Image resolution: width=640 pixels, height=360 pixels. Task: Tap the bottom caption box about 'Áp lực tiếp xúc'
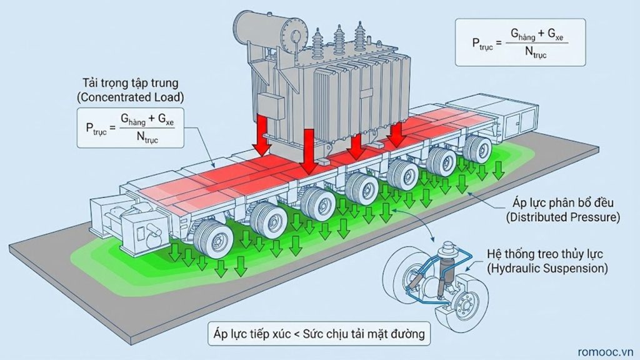[x=318, y=334]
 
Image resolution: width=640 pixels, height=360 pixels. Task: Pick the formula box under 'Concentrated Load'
[x=131, y=127]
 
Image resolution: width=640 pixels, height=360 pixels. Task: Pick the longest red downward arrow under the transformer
[x=308, y=151]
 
